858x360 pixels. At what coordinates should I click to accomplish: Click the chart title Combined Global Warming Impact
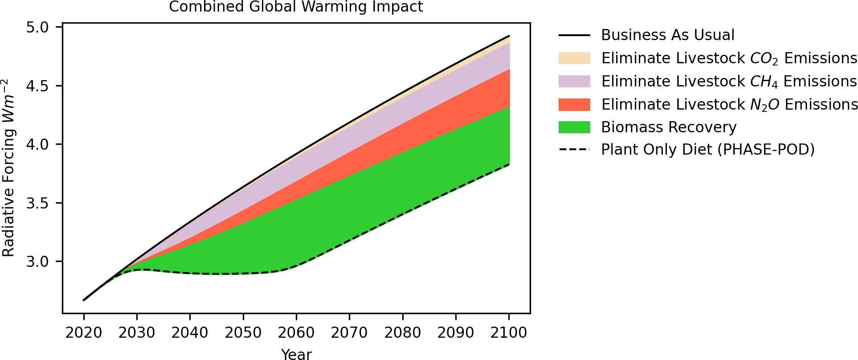point(296,7)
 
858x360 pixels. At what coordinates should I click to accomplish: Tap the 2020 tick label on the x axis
point(84,333)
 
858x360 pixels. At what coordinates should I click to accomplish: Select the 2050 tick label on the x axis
point(243,333)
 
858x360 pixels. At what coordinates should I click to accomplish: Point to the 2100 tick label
point(509,333)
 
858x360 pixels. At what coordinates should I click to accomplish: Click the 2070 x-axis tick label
point(349,333)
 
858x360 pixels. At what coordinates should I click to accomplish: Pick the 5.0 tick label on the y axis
point(37,28)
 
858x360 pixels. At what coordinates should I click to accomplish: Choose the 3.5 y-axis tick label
point(37,203)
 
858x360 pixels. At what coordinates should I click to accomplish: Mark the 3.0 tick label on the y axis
point(37,262)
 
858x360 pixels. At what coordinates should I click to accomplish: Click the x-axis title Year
point(296,354)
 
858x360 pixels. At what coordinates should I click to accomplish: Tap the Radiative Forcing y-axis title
point(9,168)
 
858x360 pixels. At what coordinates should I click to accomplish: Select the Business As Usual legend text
point(667,35)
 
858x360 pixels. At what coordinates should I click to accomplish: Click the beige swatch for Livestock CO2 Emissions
point(574,58)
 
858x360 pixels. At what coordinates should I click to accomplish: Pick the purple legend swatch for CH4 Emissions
point(574,82)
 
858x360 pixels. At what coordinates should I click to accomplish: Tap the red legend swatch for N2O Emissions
point(574,105)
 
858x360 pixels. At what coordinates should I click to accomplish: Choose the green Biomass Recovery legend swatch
point(574,127)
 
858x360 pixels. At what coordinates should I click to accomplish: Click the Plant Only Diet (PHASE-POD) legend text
point(707,150)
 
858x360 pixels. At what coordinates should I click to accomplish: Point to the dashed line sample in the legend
point(574,150)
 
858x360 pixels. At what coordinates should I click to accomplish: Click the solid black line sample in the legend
point(574,35)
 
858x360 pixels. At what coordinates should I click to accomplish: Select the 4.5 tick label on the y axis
point(37,86)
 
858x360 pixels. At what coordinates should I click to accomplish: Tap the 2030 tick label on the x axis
point(137,333)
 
